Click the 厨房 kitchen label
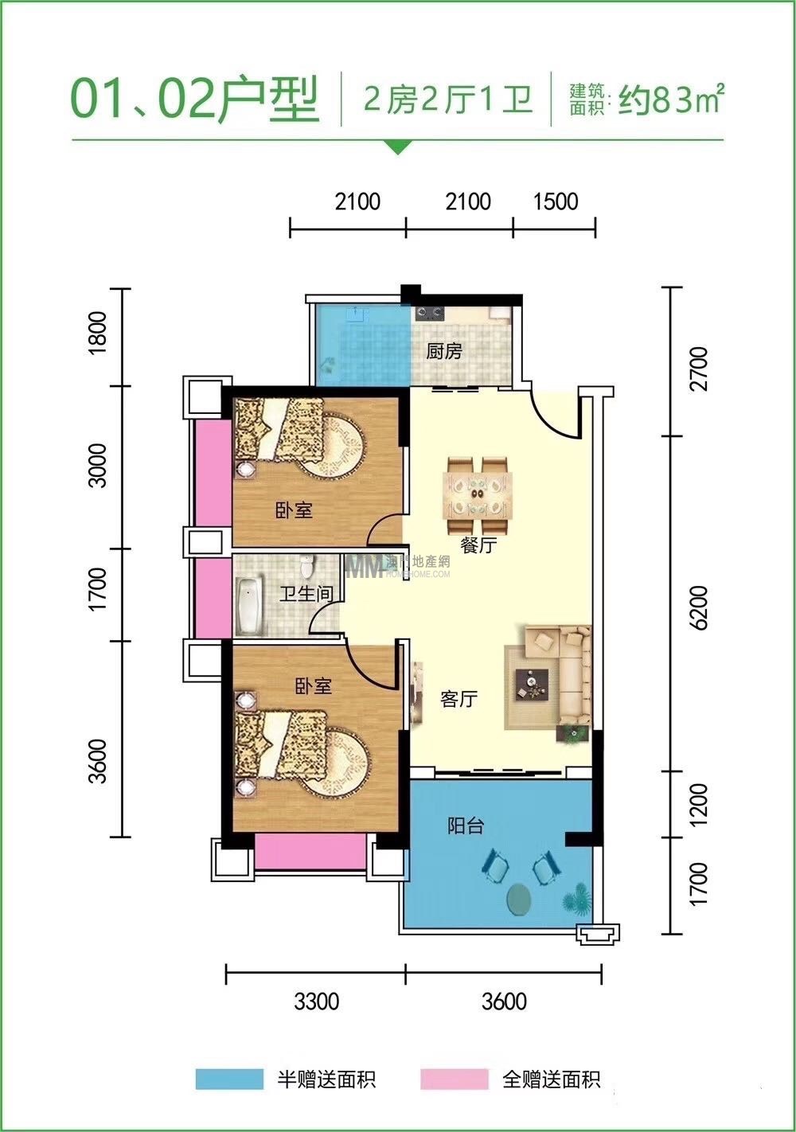coord(443,351)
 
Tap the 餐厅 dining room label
coord(478,545)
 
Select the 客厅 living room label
coord(458,700)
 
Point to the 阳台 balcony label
coord(466,826)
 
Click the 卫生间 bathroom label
coord(306,594)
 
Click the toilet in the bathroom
coord(306,566)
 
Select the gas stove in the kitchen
coord(430,314)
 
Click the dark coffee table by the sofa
coord(532,685)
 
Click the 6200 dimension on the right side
coord(700,607)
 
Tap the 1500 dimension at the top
coord(556,201)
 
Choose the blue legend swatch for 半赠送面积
coord(229,1079)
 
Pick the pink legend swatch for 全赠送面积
coord(455,1079)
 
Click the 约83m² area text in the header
coord(672,100)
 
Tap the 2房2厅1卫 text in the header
coord(448,99)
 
